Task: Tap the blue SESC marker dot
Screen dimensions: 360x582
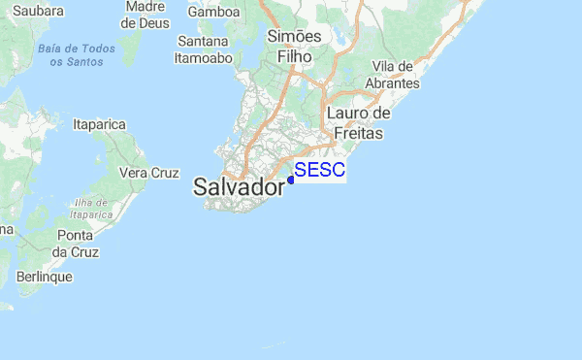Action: (291, 180)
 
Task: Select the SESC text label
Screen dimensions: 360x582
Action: (319, 171)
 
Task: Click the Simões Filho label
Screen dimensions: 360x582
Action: (294, 47)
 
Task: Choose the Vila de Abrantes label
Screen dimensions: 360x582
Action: (394, 75)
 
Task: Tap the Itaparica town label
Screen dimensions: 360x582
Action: (101, 124)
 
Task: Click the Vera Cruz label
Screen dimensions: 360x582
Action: (149, 173)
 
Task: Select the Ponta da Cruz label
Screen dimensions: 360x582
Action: (74, 244)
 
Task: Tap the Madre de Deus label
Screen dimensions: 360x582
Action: (145, 13)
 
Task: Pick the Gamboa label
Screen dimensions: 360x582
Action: (214, 12)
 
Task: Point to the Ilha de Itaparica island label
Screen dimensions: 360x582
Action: (92, 208)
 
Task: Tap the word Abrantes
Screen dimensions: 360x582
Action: (393, 83)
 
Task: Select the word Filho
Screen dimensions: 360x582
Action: (294, 56)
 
